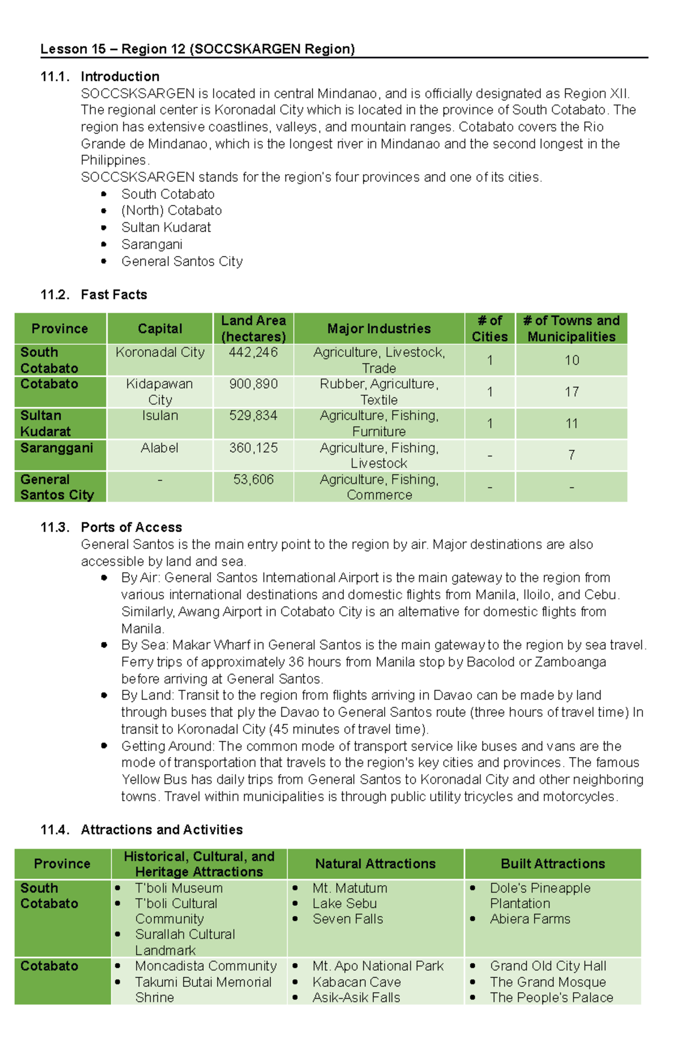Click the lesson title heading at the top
[198, 49]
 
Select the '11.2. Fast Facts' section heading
[94, 295]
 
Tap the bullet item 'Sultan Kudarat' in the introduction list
[166, 227]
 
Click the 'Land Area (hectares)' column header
[253, 329]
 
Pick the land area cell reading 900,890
[253, 384]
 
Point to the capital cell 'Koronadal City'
[160, 352]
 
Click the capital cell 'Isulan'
[160, 415]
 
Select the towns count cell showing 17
[571, 392]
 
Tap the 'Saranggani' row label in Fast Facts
[56, 447]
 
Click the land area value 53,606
[253, 479]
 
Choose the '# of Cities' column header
[490, 329]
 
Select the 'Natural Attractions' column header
[375, 863]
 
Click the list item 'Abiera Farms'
[529, 919]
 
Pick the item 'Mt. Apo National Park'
[378, 966]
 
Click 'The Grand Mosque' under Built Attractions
[547, 982]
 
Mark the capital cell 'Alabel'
[160, 447]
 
